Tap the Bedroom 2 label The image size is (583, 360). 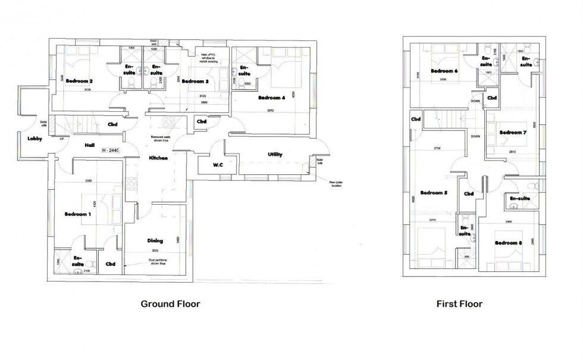tap(79, 81)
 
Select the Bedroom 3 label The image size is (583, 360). tap(195, 81)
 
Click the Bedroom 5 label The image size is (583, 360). tap(434, 193)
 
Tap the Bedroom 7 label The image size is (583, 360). tap(513, 132)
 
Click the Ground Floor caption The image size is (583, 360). tap(170, 303)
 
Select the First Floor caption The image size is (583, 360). tap(459, 303)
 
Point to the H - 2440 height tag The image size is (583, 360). tap(111, 151)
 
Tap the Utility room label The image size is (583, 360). tap(274, 155)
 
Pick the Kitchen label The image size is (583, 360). tap(158, 158)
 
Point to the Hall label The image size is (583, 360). tap(90, 145)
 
